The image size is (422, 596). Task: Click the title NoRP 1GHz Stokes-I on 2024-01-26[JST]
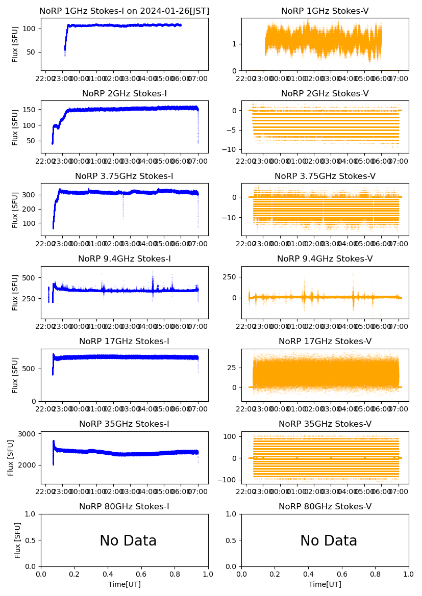point(125,11)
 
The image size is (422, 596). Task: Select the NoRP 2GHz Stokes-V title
point(325,93)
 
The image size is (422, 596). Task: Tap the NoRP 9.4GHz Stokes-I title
point(125,258)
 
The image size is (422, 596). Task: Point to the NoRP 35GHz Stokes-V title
point(325,424)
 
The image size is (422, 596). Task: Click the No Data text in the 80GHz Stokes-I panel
point(128,540)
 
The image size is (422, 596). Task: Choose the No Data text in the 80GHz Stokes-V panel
point(329,540)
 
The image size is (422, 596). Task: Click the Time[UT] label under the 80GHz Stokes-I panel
point(125,584)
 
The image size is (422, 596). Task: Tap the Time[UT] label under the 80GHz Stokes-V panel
point(325,584)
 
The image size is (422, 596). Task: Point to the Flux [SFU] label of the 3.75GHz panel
point(15,209)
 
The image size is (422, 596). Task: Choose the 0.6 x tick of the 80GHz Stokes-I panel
point(141,574)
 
